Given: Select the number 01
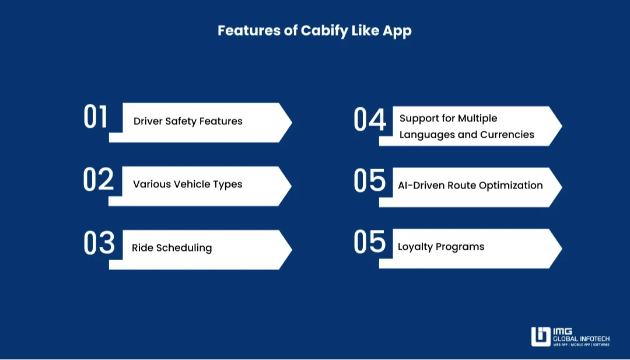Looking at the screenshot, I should (96, 117).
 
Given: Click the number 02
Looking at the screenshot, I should (98, 180).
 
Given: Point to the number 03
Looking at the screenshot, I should (99, 243).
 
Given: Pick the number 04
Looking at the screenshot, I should (370, 120).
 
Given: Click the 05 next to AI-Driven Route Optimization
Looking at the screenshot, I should (370, 181).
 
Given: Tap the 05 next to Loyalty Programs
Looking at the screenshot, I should (370, 242).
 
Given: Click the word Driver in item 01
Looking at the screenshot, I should (148, 121).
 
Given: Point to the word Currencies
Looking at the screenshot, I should (507, 135).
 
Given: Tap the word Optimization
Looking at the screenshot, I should (511, 186).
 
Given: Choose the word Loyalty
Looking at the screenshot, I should (416, 247).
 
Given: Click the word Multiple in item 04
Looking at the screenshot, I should (477, 118).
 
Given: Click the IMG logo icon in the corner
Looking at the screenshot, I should (540, 337).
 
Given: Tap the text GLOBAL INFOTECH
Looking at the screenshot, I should (581, 338).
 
